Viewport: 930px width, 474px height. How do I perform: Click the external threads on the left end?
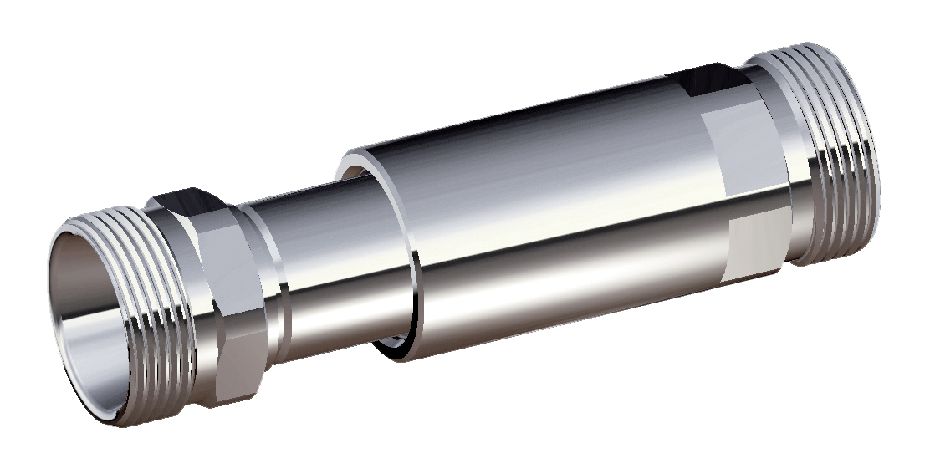[151, 309]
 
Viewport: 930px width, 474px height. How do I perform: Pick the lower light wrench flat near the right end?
[757, 242]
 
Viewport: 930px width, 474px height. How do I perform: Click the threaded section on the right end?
[836, 150]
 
